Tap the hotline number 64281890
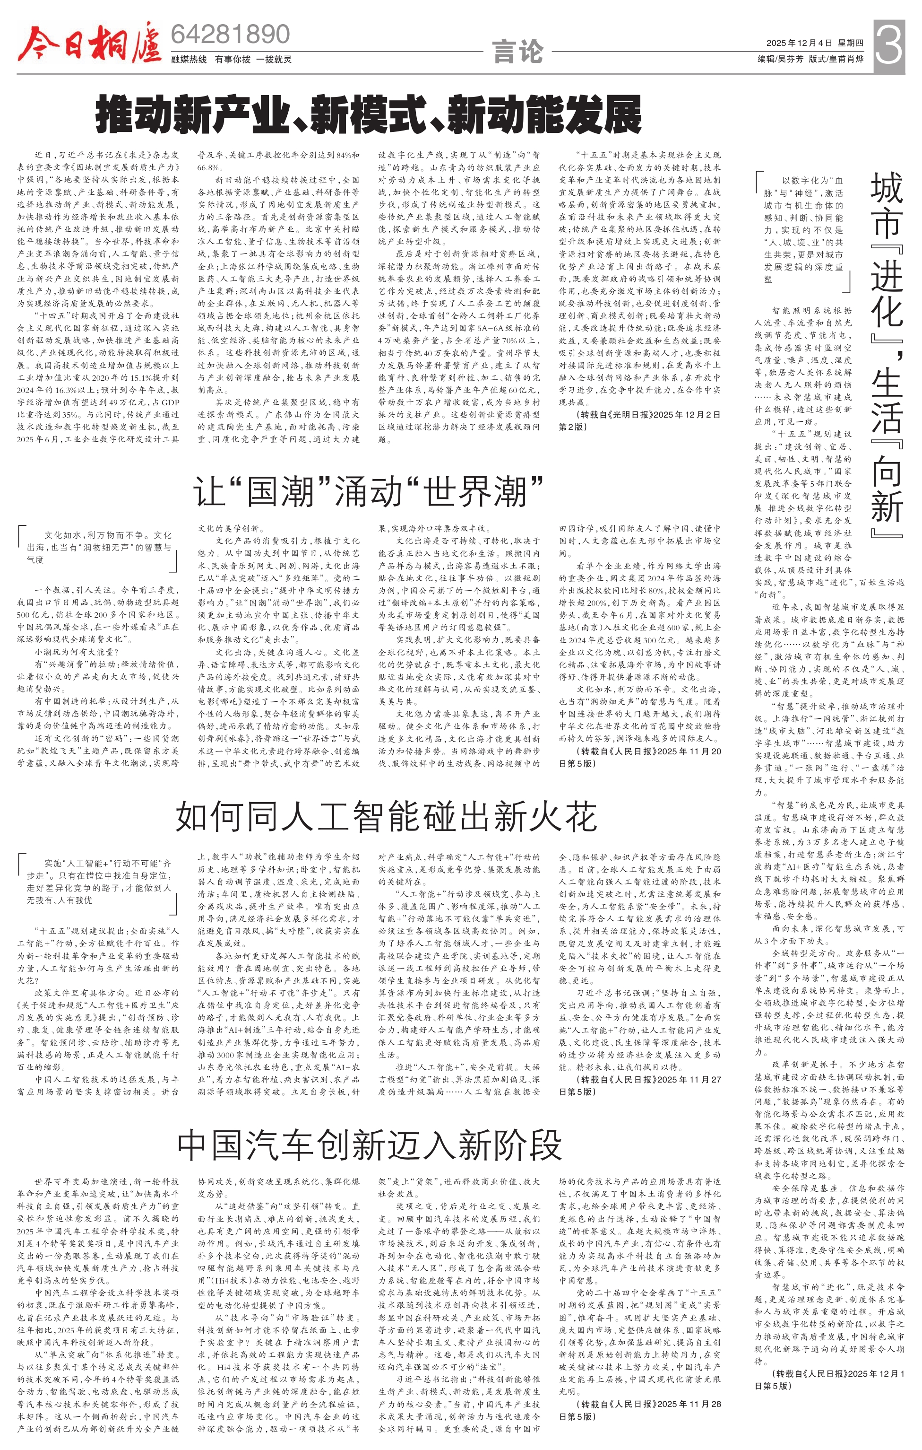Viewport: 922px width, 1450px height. [231, 35]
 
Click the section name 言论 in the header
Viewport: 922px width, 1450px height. [517, 52]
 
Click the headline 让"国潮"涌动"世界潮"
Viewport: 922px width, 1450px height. [368, 491]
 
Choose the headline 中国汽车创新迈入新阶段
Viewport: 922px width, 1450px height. [370, 1144]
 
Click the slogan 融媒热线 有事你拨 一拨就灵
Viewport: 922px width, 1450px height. [231, 59]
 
